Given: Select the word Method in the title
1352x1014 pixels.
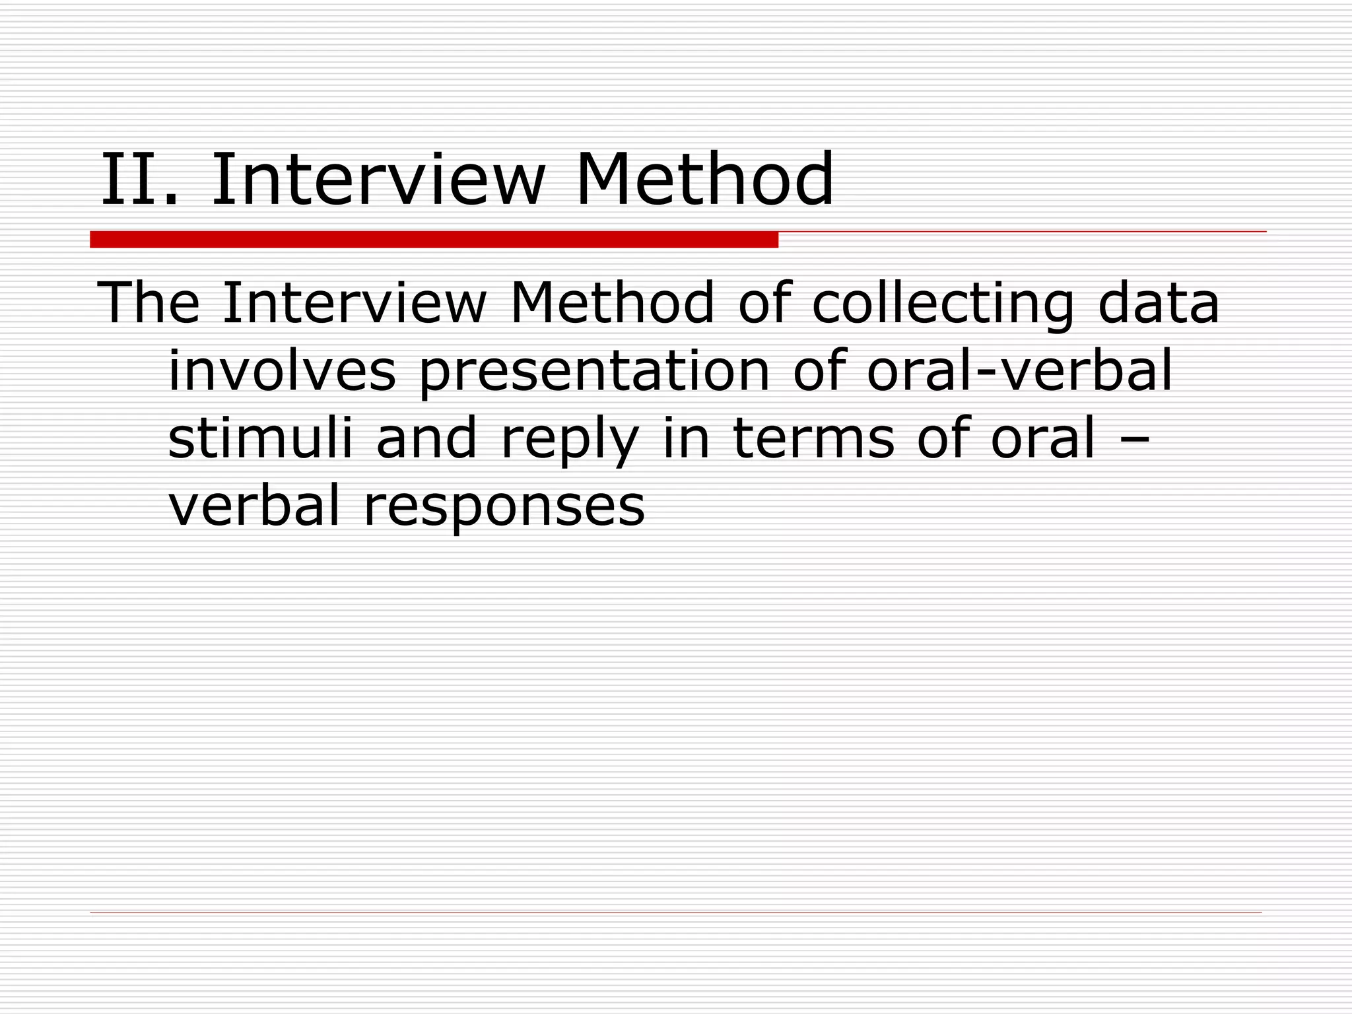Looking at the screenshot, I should [x=704, y=180].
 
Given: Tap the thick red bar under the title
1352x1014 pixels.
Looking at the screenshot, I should [x=434, y=240].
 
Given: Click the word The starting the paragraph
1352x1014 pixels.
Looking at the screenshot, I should [x=149, y=303].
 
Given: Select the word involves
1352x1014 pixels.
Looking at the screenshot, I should [x=282, y=371].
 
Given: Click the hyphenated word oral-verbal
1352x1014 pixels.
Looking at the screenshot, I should [x=1019, y=371].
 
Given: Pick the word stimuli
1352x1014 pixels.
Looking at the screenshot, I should [x=260, y=438].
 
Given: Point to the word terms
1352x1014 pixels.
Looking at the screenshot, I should [x=814, y=438].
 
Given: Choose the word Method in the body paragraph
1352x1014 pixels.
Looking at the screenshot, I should [x=612, y=303].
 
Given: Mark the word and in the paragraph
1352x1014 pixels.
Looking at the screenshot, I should [x=426, y=438].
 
